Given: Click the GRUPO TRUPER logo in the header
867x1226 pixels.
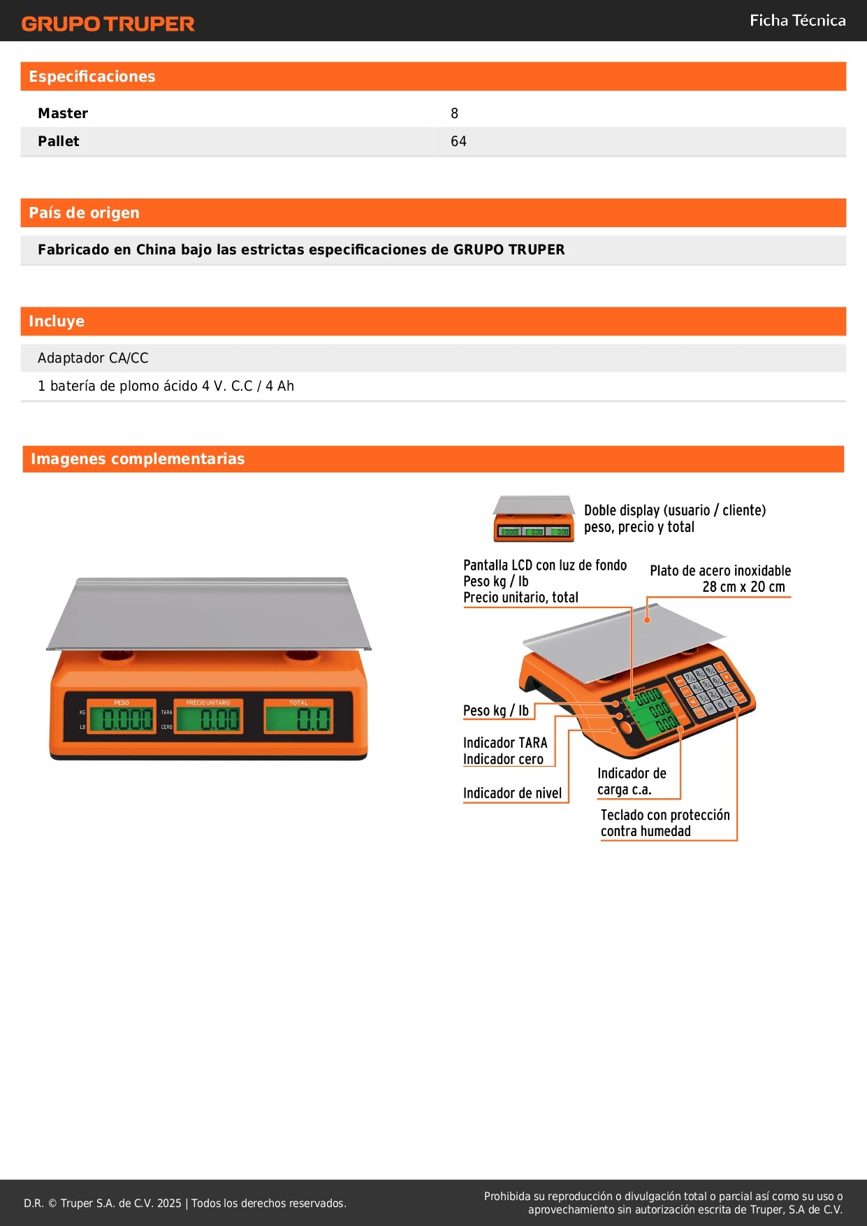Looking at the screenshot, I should tap(108, 24).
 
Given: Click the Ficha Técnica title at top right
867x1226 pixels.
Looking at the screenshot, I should tap(797, 20).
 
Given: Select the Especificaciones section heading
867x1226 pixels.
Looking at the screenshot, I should tap(92, 76).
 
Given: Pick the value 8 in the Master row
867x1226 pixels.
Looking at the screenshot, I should tap(454, 113).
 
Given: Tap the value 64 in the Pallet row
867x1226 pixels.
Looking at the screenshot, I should tap(458, 141).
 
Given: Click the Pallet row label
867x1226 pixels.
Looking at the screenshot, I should tap(59, 141).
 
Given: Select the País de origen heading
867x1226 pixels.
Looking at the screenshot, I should tap(84, 212).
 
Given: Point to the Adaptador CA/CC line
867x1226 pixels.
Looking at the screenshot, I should tap(93, 358).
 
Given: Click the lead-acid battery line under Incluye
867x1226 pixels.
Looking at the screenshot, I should tap(166, 386).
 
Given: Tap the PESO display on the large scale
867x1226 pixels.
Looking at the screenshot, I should tap(122, 717).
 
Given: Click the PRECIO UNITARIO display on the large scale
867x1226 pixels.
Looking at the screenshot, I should tap(209, 717).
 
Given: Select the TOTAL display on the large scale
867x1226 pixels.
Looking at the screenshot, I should tap(298, 717).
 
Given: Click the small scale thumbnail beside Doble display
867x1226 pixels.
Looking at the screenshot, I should tap(533, 519).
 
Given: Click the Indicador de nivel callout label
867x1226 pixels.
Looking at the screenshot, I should tap(512, 793).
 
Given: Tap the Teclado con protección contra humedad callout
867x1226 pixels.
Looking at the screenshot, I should tap(664, 823).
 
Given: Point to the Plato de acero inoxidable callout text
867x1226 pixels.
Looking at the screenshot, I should tap(720, 579).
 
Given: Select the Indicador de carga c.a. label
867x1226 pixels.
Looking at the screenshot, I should tap(632, 781).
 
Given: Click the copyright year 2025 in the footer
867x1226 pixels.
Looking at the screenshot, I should tap(169, 1203).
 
